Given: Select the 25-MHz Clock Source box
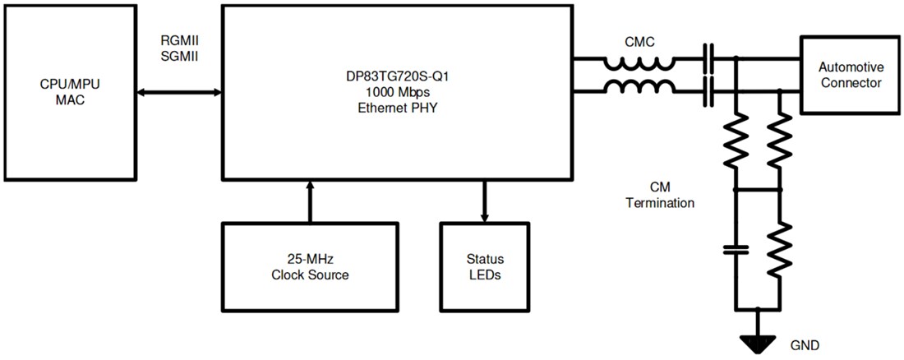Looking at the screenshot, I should [x=310, y=267].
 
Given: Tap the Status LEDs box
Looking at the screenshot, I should [x=484, y=267].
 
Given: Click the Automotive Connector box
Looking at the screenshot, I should [x=851, y=75].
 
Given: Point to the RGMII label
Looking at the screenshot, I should [x=178, y=39].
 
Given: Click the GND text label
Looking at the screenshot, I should [x=804, y=344].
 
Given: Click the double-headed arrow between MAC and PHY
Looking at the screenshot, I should [x=178, y=92].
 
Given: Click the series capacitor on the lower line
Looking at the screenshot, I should [x=708, y=92].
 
